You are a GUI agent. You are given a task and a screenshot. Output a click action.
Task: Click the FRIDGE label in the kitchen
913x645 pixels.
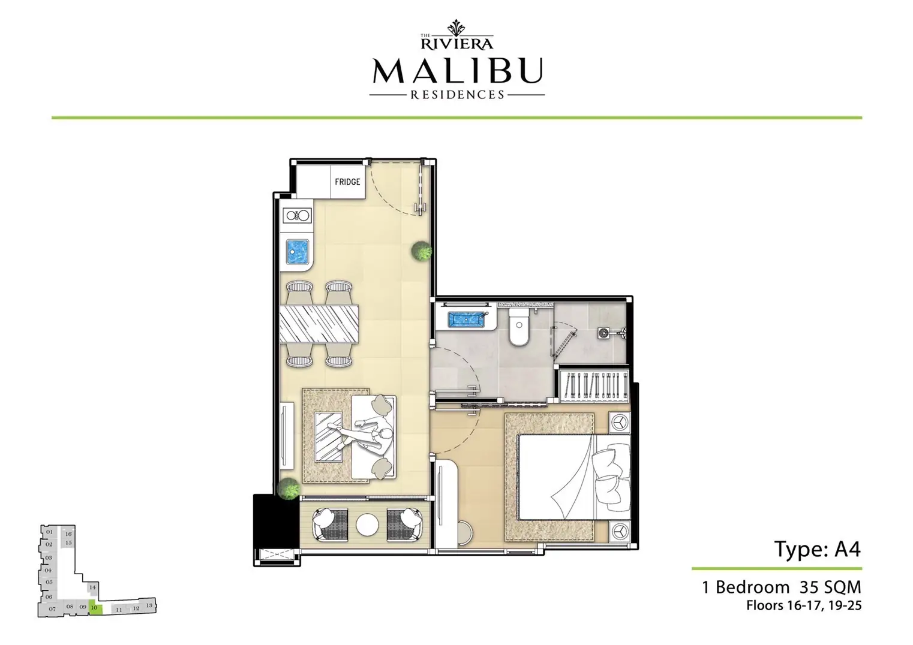347,182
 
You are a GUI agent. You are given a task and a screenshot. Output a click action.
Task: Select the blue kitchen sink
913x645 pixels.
298,252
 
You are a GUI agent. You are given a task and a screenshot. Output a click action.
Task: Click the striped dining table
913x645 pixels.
319,324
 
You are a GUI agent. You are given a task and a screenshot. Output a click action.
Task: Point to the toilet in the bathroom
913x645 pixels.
517,327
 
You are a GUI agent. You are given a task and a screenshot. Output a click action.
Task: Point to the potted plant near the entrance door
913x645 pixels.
422,251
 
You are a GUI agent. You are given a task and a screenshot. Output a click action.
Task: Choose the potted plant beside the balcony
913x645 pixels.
289,488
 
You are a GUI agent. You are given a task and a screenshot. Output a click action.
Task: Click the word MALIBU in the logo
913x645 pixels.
457,71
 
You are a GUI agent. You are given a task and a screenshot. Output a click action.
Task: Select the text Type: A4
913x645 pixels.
818,549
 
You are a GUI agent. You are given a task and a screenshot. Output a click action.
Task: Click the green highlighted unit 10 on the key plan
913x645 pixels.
95,608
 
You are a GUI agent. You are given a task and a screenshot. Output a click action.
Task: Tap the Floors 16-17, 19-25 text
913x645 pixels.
804,605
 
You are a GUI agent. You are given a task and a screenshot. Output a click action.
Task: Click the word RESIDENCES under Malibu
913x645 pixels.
457,94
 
